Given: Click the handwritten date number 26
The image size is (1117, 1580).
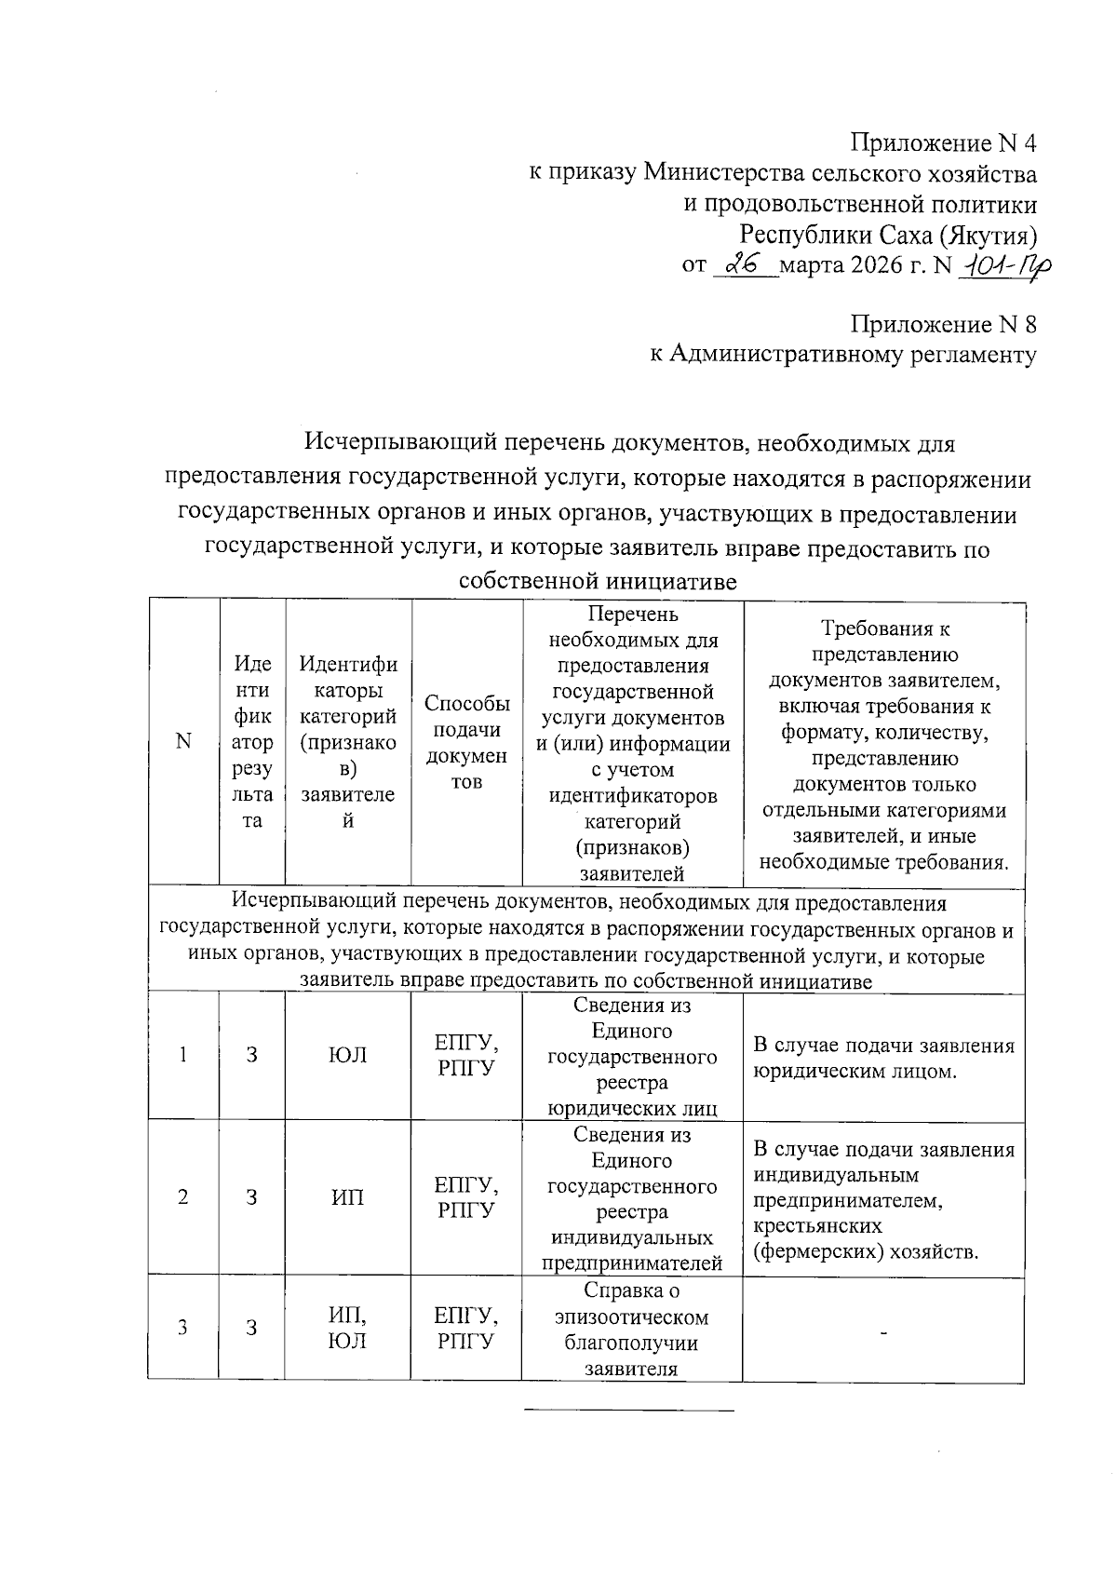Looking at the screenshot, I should click(743, 265).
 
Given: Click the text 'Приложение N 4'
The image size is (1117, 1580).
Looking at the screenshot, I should click(942, 143).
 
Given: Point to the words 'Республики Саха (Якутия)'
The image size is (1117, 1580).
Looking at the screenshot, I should click(888, 234).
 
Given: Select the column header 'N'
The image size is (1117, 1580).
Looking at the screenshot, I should click(183, 741).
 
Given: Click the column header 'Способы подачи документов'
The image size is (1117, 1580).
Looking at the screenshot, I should click(466, 743).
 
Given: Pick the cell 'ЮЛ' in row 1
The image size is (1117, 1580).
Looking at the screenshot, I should click(348, 1055).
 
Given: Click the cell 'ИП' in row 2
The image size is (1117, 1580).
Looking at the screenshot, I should click(348, 1197).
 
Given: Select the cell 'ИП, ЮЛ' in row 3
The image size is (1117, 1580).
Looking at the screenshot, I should click(348, 1328).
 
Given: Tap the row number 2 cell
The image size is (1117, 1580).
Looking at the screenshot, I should click(183, 1197).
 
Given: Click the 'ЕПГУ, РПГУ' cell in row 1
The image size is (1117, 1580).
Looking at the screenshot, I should click(466, 1055).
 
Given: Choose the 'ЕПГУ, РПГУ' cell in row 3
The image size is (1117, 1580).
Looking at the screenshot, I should click(466, 1328).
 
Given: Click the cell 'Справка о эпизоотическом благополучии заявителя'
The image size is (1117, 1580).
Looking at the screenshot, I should click(632, 1330).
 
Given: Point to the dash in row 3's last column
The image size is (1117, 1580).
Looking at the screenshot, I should click(884, 1334).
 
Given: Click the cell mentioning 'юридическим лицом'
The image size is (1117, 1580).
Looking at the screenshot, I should click(882, 1059).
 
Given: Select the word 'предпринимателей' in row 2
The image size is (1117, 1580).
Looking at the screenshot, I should click(633, 1263).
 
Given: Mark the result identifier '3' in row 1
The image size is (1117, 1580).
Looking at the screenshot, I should click(251, 1055).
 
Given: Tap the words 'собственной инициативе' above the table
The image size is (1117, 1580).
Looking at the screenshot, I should click(598, 583).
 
